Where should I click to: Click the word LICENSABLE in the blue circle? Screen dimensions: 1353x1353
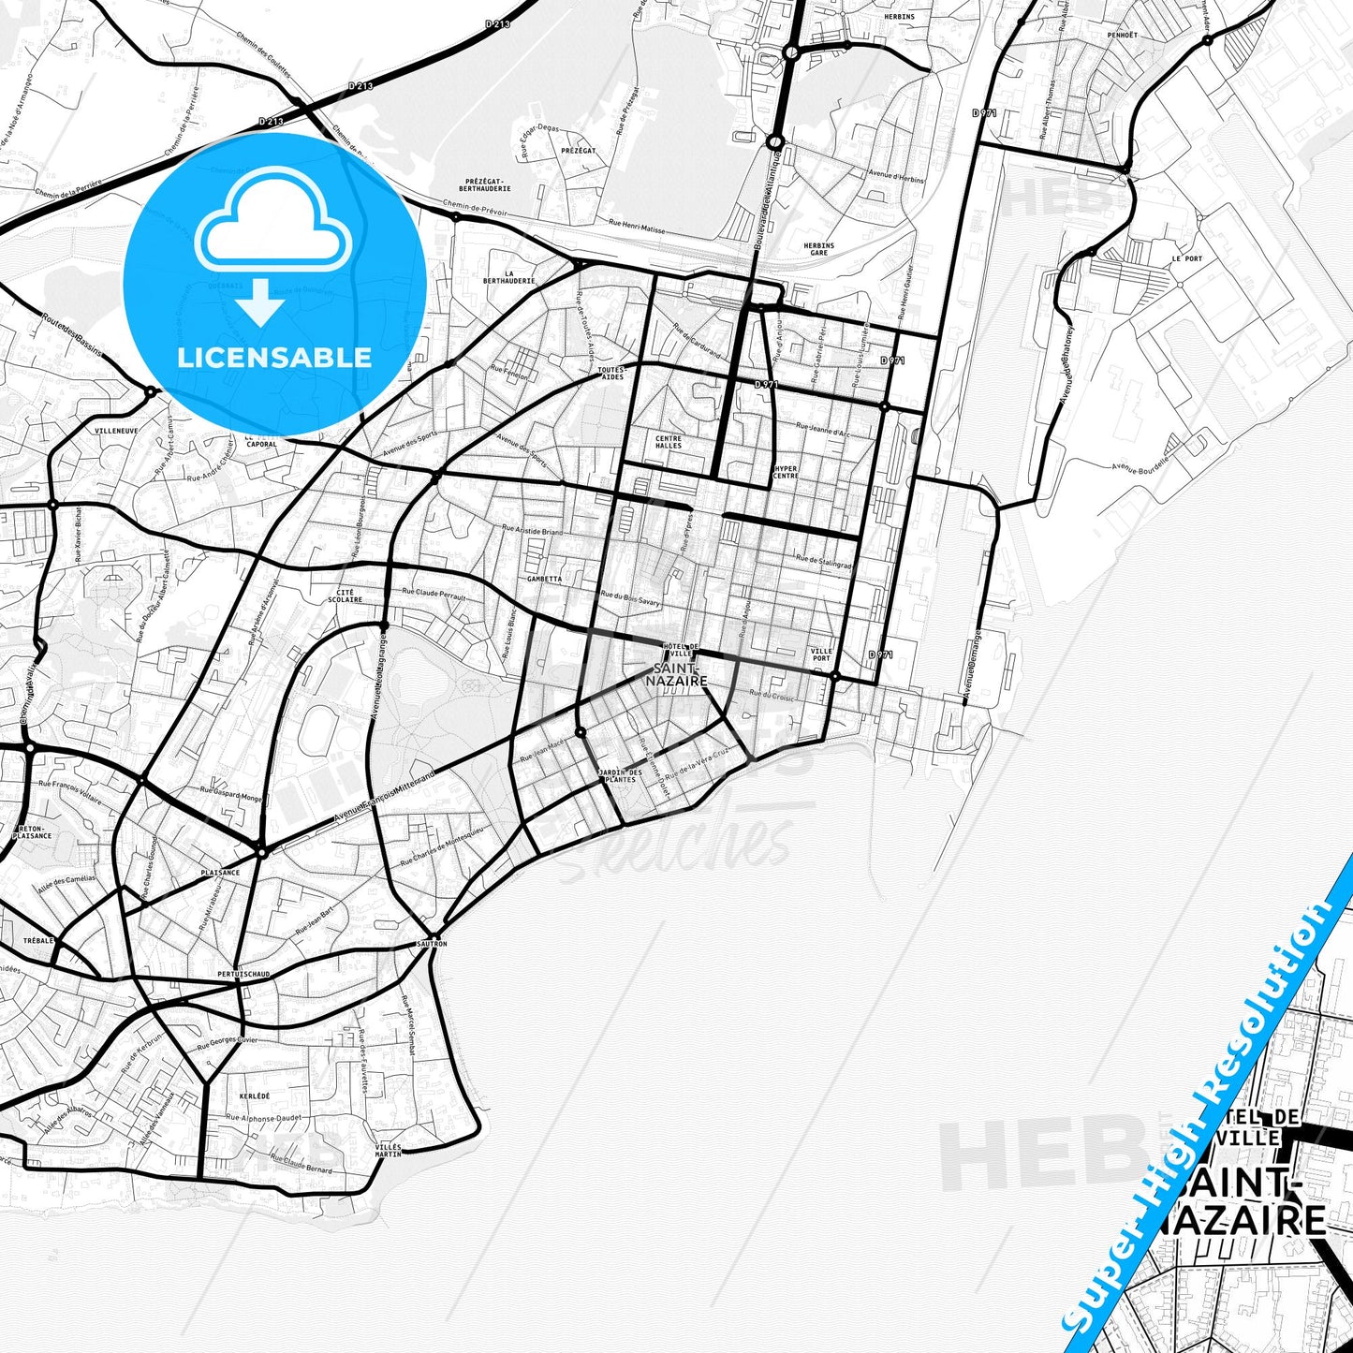coord(274,357)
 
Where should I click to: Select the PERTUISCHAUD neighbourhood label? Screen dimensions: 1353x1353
coord(243,974)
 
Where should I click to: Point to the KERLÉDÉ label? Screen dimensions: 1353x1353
coord(254,1096)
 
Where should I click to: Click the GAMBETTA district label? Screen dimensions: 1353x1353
coord(544,579)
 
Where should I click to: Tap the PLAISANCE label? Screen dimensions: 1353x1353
coord(220,872)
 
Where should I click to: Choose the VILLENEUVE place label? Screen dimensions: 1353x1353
coord(116,431)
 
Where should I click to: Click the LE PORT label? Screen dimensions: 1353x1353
coord(1186,258)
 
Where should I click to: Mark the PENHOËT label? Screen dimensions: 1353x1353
coord(1122,35)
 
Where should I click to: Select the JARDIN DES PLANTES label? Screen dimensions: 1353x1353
coord(620,775)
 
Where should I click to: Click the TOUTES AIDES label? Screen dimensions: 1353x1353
coord(610,373)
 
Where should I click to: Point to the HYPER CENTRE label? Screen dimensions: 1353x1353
coord(786,472)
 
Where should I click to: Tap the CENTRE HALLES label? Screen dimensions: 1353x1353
coord(669,442)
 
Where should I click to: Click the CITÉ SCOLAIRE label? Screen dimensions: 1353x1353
coord(346,596)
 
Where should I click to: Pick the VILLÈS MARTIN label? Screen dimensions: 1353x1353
coord(388,1150)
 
